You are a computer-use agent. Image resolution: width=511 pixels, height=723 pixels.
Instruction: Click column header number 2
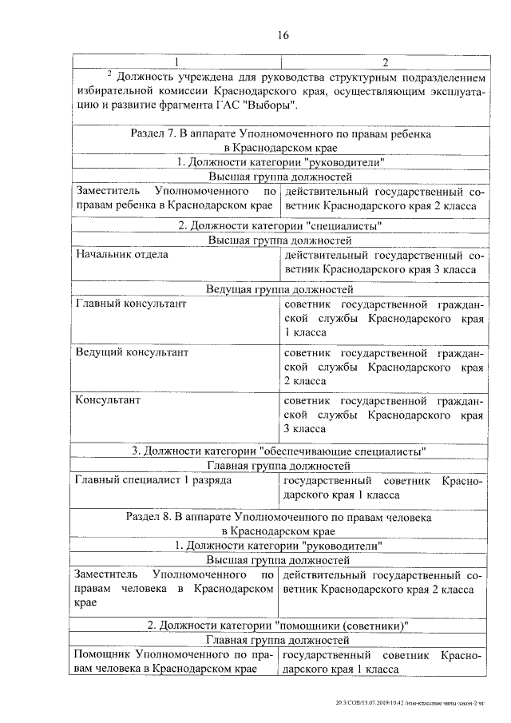click(384, 62)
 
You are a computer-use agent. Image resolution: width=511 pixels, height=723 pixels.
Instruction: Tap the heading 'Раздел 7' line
click(279, 135)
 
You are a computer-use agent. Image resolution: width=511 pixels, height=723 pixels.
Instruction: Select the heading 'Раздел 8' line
click(279, 518)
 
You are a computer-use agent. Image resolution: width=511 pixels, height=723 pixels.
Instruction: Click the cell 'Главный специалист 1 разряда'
click(153, 481)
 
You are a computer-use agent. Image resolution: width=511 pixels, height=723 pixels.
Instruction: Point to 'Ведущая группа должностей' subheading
click(279, 289)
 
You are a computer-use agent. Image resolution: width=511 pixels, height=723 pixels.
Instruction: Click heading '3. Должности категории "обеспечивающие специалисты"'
click(279, 451)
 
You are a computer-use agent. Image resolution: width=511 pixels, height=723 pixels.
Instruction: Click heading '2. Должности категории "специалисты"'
click(279, 225)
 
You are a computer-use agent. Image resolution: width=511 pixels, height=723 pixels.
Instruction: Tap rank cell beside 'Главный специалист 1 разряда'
click(382, 487)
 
